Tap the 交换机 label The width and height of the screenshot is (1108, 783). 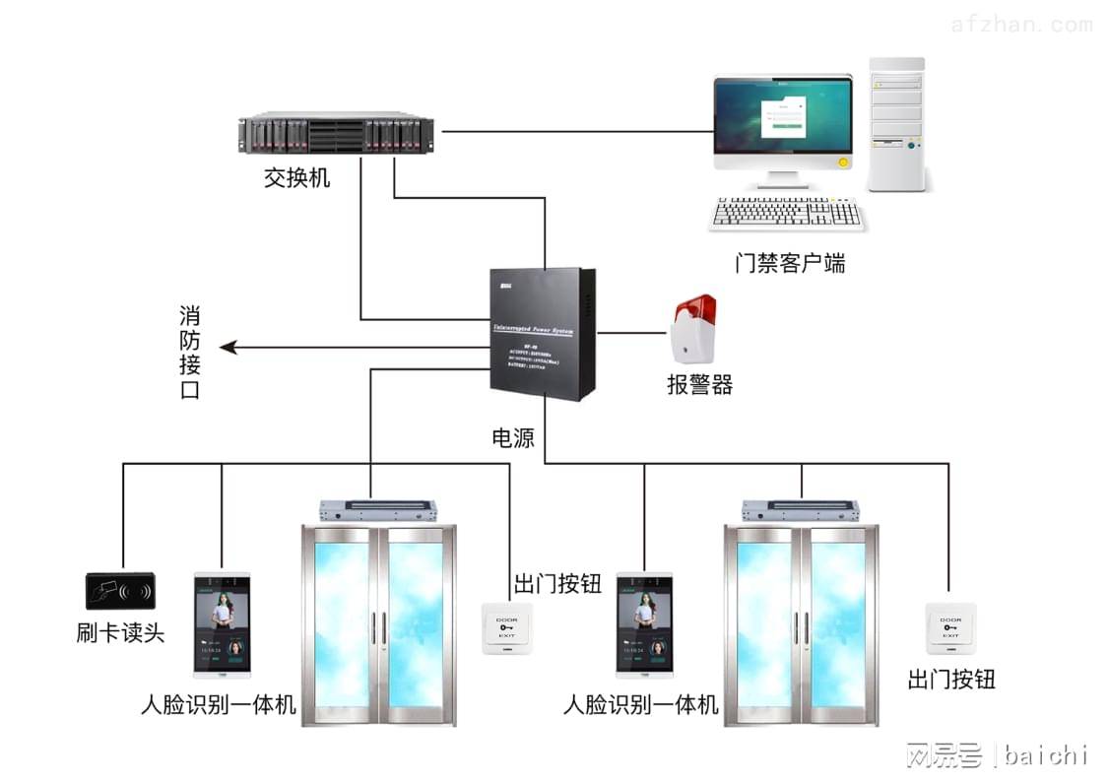(296, 178)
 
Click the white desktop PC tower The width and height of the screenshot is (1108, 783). (897, 125)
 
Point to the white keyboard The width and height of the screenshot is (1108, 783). (787, 214)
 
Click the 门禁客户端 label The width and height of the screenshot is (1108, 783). (790, 263)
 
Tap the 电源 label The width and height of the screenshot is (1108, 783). (512, 438)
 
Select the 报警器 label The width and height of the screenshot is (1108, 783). (699, 385)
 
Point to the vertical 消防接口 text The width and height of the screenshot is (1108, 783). (190, 353)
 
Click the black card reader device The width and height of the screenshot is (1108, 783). (119, 591)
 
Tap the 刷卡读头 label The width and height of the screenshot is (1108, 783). (120, 632)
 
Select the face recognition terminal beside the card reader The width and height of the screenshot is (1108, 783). (221, 625)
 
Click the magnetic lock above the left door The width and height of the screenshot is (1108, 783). (378, 510)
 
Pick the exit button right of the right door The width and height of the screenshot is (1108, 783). (950, 626)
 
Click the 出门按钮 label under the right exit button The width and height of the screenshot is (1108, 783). (951, 679)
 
